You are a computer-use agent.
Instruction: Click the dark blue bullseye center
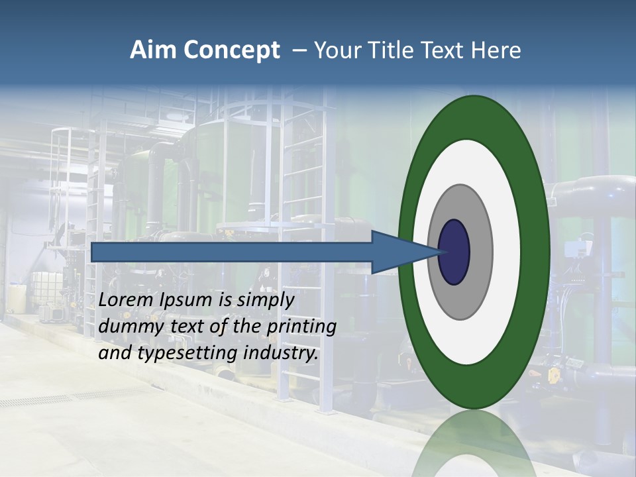tap(454, 252)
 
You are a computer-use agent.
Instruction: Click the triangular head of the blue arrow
tap(397, 252)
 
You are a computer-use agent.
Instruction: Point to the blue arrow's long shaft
tap(232, 252)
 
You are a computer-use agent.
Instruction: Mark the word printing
tap(305, 327)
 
